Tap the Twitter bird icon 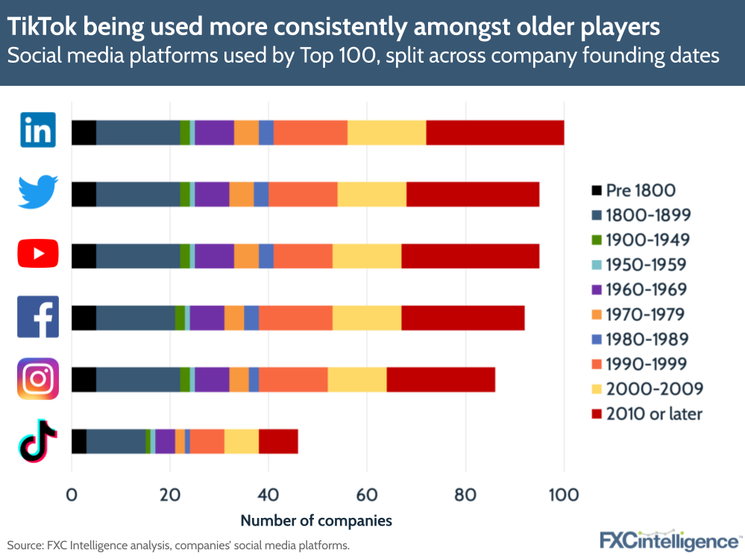[38, 193]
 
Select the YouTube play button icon [38, 254]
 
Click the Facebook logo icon [38, 316]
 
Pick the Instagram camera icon [38, 378]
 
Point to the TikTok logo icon [38, 440]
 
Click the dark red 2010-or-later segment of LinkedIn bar [494, 132]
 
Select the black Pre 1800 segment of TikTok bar [78, 441]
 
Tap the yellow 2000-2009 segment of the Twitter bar [371, 194]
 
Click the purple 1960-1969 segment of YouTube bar [214, 255]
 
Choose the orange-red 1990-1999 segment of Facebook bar [295, 317]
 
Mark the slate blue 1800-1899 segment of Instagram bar [138, 379]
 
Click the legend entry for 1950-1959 [646, 264]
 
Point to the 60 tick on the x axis [367, 495]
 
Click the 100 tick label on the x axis [564, 495]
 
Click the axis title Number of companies [315, 519]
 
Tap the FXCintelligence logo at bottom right [670, 540]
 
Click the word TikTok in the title [43, 27]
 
